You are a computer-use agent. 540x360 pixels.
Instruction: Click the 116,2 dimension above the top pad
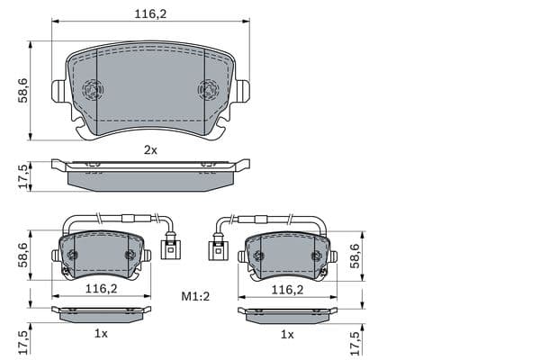point(150,14)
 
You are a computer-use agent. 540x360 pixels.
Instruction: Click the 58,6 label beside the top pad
point(23,91)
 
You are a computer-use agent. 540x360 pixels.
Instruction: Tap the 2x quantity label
point(150,150)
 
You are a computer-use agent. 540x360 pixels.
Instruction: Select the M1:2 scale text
point(195,296)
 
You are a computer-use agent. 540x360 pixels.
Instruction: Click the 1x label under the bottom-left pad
point(101,334)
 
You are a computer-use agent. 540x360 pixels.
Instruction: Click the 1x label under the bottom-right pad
point(287,334)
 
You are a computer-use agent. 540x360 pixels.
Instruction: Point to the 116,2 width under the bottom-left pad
point(101,289)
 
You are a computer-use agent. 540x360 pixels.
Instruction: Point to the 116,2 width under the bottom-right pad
point(288,290)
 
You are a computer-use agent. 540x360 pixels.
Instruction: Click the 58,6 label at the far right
point(355,256)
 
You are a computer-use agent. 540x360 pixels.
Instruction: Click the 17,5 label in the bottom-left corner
point(23,343)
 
